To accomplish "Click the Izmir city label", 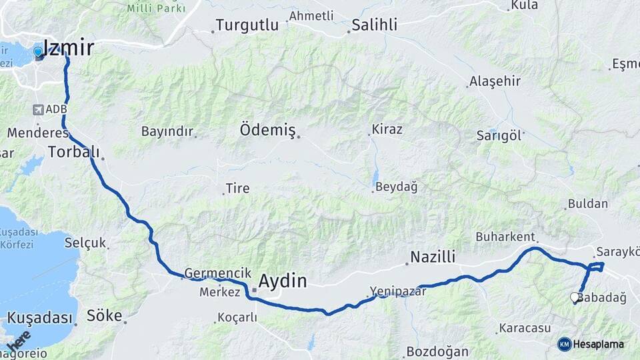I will click(68, 47).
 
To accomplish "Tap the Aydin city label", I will click(283, 281).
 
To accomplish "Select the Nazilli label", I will click(433, 257).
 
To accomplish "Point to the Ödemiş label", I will click(267, 130).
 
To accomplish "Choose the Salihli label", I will click(375, 25).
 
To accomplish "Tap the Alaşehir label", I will click(495, 81).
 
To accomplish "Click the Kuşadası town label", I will click(40, 317).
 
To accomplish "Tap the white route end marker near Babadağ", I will click(575, 298).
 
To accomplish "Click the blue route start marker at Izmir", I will click(38, 51).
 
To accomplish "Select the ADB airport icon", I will click(37, 109).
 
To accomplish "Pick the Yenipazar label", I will click(397, 291).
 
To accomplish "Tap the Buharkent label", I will click(505, 236).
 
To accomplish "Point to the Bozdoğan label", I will click(434, 350).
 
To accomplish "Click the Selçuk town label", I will click(85, 243).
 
